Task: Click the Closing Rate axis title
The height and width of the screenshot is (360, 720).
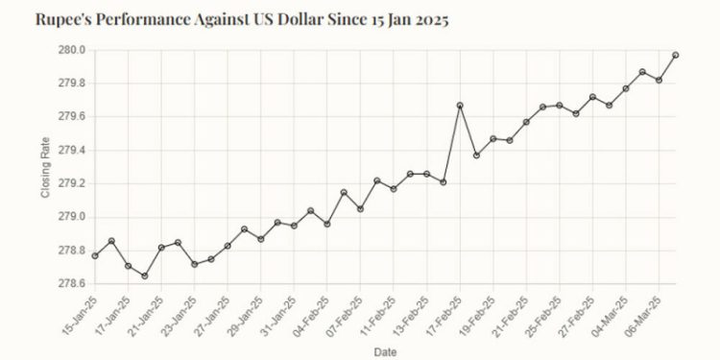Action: tap(45, 167)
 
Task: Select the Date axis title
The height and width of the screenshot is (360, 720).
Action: tap(385, 352)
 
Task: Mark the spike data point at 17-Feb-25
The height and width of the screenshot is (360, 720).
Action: tap(460, 106)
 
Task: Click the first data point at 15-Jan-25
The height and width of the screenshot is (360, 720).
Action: tap(95, 255)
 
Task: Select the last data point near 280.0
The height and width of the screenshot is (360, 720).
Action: tap(676, 56)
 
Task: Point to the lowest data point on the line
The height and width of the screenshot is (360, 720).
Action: tap(145, 276)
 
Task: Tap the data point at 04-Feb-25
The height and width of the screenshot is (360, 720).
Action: tap(327, 224)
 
